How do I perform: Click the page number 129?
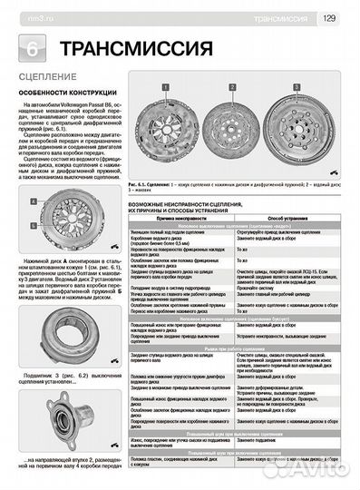[330, 15]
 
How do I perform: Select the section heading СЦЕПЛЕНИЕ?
[44, 80]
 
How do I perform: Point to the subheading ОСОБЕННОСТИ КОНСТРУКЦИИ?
[63, 94]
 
